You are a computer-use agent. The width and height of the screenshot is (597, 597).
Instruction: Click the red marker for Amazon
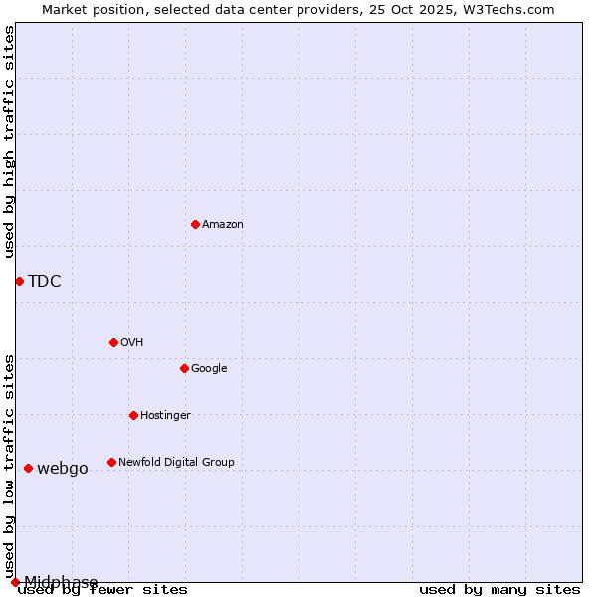(x=195, y=224)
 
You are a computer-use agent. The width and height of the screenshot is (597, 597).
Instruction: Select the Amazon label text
(x=223, y=225)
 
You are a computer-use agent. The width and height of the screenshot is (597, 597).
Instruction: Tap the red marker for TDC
(x=19, y=281)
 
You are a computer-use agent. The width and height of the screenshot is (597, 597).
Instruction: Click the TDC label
(x=45, y=282)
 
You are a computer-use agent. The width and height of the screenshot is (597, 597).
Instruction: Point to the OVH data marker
(x=113, y=342)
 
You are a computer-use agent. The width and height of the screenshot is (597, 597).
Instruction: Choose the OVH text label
(x=132, y=343)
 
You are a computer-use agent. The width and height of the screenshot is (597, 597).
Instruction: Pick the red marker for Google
(x=184, y=368)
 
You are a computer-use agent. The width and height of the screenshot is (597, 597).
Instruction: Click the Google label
(x=209, y=369)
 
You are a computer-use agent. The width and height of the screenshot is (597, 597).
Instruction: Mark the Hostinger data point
(x=133, y=415)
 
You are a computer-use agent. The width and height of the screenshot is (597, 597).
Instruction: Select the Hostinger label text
(x=165, y=416)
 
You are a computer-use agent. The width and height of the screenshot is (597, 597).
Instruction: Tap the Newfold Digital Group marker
(x=111, y=462)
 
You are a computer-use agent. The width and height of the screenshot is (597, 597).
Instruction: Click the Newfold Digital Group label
(x=176, y=463)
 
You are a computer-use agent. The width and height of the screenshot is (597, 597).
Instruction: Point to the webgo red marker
(x=28, y=468)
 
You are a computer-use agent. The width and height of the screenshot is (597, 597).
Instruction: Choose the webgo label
(x=63, y=469)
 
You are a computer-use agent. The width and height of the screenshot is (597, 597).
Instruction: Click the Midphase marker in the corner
(x=15, y=582)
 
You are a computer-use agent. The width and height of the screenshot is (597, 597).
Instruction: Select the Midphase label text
(x=61, y=582)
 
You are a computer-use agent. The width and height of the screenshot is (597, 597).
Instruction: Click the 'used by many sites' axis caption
(x=499, y=590)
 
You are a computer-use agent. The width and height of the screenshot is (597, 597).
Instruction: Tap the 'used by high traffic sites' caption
(x=10, y=141)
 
